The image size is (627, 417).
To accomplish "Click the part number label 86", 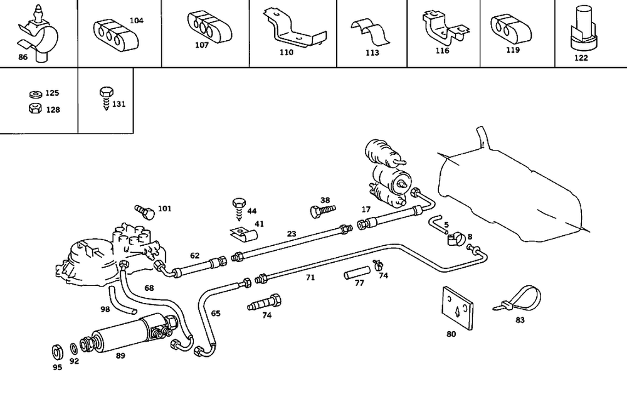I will [x=23, y=57].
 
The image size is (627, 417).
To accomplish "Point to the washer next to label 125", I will [x=35, y=94].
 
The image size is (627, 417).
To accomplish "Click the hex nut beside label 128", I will [x=35, y=108].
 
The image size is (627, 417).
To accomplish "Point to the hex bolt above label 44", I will [x=238, y=205].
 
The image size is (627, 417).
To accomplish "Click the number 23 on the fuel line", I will [x=292, y=235].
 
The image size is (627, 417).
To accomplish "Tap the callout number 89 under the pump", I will [x=120, y=356].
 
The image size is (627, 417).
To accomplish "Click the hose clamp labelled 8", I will [x=455, y=239].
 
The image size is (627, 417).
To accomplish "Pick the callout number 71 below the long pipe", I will [x=310, y=277].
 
